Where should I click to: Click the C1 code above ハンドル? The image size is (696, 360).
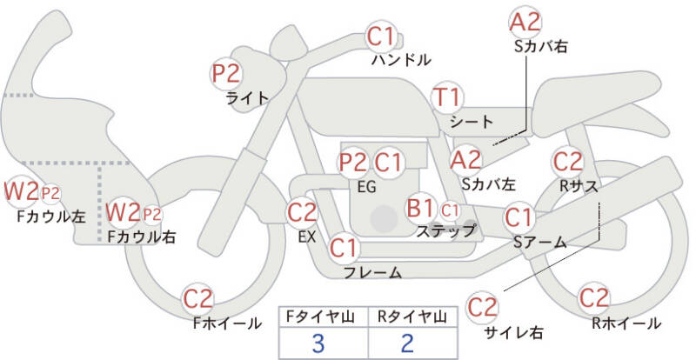tap(381, 37)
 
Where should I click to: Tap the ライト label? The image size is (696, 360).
tap(247, 98)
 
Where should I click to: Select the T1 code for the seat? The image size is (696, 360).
tap(447, 97)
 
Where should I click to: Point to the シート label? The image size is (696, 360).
tap(472, 122)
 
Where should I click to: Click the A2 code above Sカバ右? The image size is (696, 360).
tap(525, 23)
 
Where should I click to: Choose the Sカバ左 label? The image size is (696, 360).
tap(488, 183)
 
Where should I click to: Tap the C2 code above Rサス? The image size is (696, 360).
tap(568, 162)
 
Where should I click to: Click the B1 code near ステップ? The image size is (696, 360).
tap(420, 208)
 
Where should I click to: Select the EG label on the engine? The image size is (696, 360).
tap(366, 187)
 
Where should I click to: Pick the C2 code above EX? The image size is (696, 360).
tap(302, 213)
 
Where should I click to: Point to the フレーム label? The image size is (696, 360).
tap(373, 272)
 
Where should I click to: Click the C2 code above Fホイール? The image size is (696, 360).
tap(198, 300)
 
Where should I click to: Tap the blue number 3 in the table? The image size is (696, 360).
tap(318, 343)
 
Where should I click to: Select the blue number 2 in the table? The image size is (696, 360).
tap(407, 343)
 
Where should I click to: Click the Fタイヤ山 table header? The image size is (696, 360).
tap(320, 317)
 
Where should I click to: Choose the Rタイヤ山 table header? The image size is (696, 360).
tap(412, 317)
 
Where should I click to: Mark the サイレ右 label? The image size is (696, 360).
tap(513, 332)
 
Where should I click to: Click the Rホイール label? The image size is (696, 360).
tap(626, 323)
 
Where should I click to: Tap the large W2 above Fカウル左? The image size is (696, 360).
tap(21, 191)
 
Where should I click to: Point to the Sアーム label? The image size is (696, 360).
tap(539, 242)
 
